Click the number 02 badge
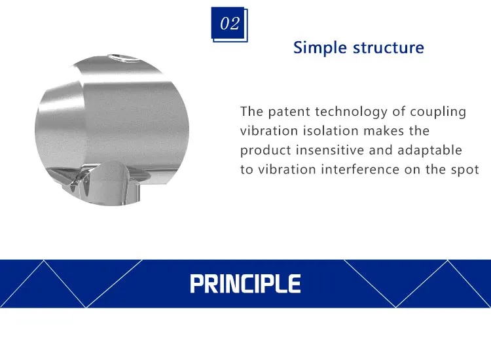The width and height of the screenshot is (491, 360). pos(230,24)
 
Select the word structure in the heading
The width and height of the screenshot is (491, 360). pos(389,48)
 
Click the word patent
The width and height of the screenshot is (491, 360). pos(289,112)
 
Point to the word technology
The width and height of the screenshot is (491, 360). pos(351,112)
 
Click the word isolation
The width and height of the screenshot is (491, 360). pos(331,131)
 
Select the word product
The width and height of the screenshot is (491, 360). pos(266,151)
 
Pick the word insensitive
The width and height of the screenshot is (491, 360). pos(330,151)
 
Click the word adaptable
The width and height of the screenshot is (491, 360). pos(429,151)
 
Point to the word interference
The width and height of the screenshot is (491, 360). pos(360,170)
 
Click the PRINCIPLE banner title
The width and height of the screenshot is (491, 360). pos(245,283)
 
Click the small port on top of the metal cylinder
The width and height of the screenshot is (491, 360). pos(122,58)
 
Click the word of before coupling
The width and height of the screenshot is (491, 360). pos(398,112)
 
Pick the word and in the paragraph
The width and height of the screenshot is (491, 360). pos(380,151)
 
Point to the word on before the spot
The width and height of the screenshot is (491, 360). pos(412,170)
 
